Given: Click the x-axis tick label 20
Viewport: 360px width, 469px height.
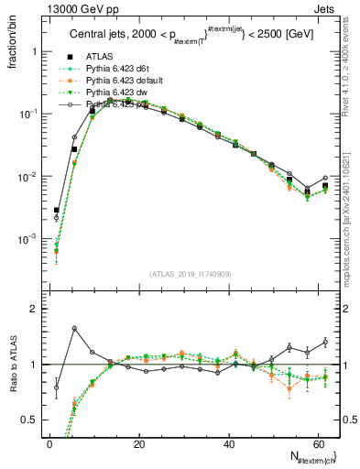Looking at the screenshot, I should (x=138, y=444).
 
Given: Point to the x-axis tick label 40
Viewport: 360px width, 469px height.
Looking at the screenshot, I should (x=228, y=444).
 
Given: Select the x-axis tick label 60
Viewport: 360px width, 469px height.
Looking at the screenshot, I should (x=317, y=444).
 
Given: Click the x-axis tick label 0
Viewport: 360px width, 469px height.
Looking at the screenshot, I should (x=49, y=444).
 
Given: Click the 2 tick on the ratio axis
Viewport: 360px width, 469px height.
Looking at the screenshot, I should (x=37, y=309).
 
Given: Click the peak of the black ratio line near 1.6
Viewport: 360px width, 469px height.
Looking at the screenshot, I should (x=74, y=328).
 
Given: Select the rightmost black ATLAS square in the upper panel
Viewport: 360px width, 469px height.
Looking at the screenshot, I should (x=325, y=185).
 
